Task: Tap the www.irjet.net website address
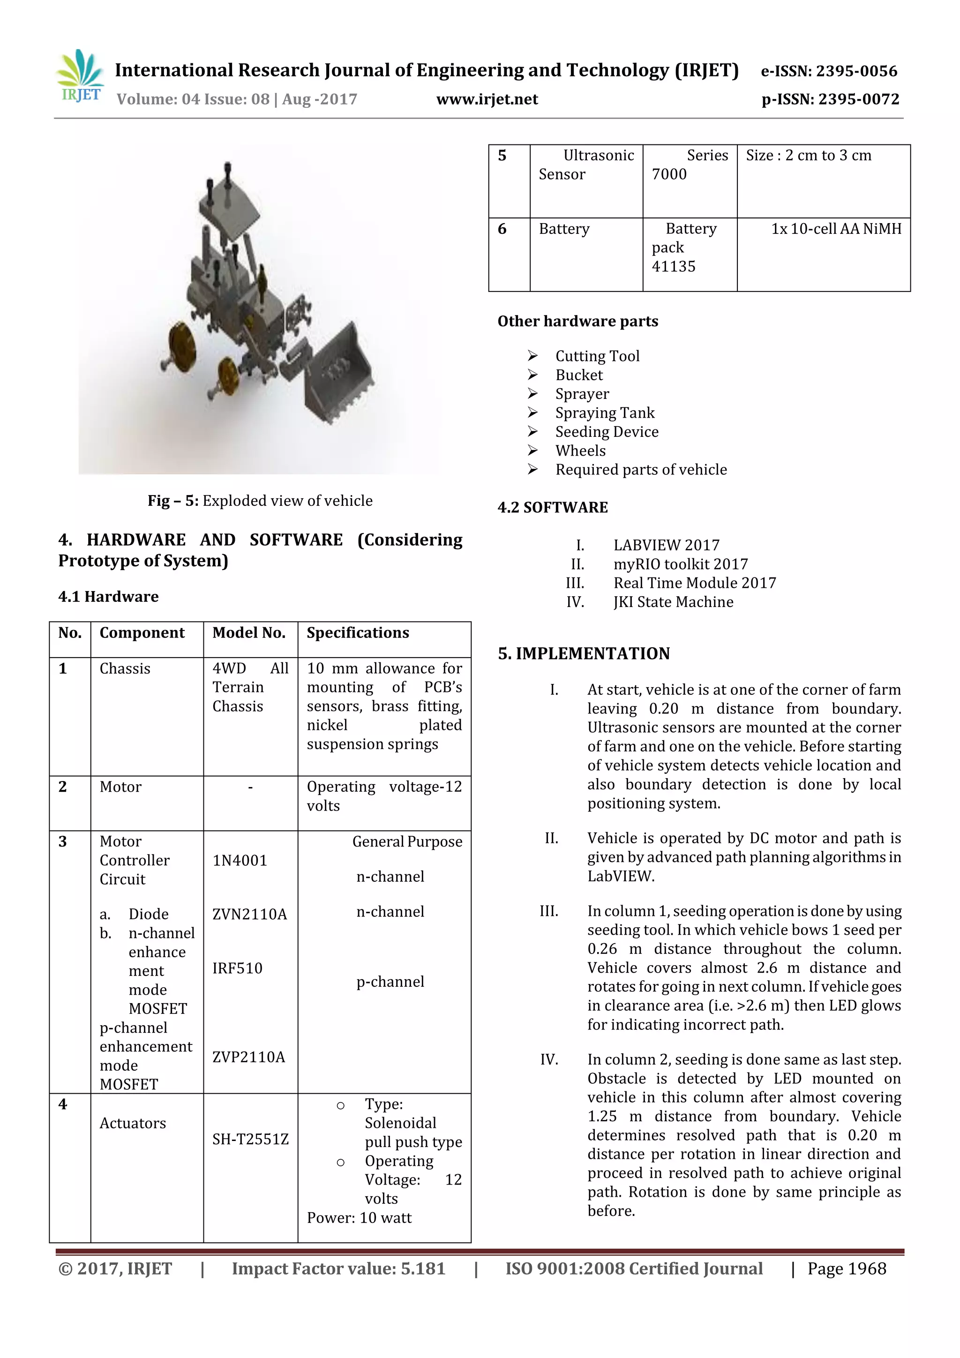coord(487,99)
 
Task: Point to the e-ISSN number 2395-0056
coord(829,71)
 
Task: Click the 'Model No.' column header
coord(248,633)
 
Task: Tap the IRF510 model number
coord(237,968)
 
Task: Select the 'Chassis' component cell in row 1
coord(125,668)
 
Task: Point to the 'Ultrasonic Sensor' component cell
coord(585,165)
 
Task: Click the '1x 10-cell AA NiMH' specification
coord(836,229)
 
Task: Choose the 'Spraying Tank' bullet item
coord(605,413)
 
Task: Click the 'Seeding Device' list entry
coord(606,432)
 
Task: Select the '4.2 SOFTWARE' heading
coord(553,508)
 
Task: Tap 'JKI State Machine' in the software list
coord(673,602)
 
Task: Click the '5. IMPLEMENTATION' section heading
coord(583,653)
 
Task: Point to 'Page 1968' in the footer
coord(847,1268)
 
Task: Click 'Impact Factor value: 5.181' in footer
coord(338,1268)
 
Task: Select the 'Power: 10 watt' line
coord(359,1217)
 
